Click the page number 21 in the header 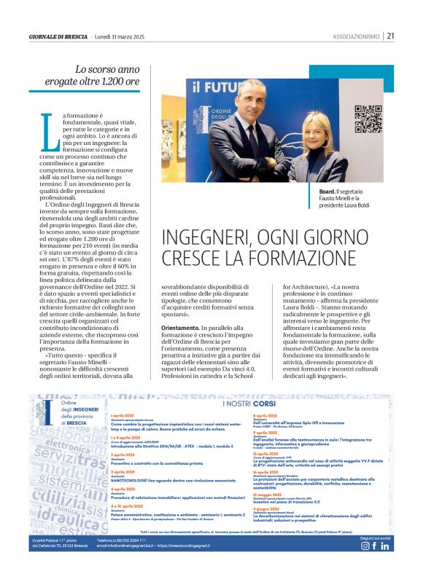coord(391,36)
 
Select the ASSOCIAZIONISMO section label coord(356,36)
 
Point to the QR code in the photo coord(368,119)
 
